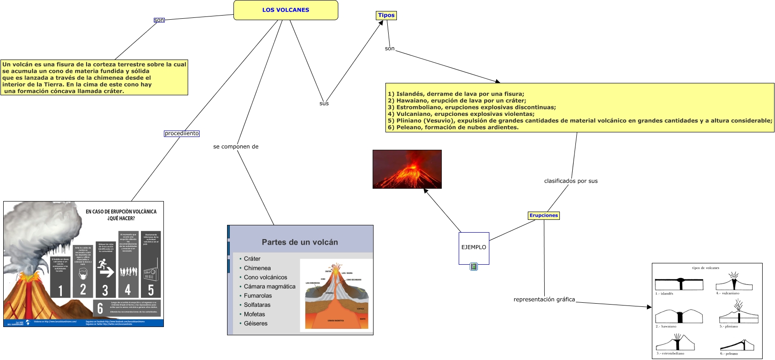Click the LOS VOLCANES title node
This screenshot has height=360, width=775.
point(286,10)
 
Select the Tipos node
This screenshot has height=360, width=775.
point(386,15)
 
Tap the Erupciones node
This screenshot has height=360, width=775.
point(543,215)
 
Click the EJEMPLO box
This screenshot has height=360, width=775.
point(474,247)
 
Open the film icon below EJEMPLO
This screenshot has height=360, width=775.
point(474,267)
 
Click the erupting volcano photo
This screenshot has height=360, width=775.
point(407,169)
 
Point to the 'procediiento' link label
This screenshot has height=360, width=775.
point(182,133)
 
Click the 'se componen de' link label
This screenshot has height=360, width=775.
point(236,147)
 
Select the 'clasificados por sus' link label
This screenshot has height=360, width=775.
point(570,181)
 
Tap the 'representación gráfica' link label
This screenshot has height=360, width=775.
point(544,300)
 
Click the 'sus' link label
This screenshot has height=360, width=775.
point(324,104)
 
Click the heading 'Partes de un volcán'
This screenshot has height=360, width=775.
point(300,242)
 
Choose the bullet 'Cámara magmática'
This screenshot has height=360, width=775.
point(269,286)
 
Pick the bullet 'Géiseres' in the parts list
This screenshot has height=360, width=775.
point(255,323)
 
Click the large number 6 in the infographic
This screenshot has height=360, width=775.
point(100,308)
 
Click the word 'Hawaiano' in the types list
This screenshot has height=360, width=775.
point(412,101)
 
